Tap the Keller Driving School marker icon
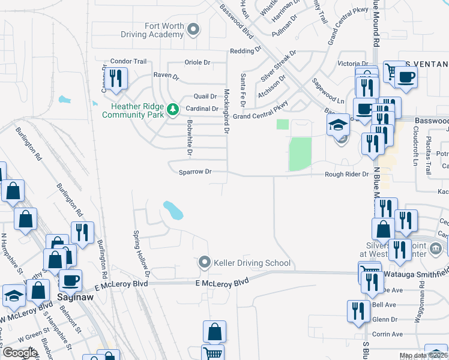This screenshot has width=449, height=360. click(205, 262)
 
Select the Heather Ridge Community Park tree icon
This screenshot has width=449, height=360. click(173, 109)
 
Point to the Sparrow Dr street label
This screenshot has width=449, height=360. click(196, 172)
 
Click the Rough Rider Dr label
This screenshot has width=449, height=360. click(346, 175)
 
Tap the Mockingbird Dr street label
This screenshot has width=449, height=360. click(227, 112)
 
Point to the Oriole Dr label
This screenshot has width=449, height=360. click(197, 62)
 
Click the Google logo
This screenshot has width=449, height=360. click(20, 353)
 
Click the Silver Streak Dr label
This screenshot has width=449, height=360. click(280, 65)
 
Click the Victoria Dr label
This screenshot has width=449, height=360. click(353, 64)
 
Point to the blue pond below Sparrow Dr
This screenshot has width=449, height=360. click(173, 210)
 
